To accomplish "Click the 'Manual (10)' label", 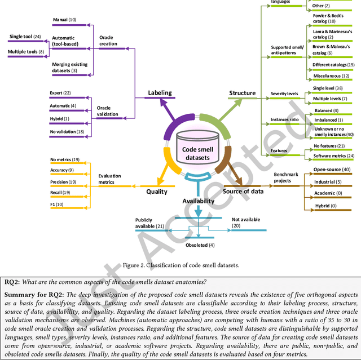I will point(64,20).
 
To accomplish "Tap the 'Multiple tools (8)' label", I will point(25,52).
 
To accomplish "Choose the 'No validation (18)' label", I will point(67,132).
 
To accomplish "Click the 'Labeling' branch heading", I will point(160,92).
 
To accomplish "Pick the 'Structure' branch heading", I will point(242,92).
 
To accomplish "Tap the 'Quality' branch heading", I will point(157,192).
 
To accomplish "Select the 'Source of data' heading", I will point(245,192).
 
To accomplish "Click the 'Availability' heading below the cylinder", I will point(198,201).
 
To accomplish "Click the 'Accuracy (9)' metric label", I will point(62,170).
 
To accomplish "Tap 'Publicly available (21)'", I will point(149,223).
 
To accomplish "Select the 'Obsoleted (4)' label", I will point(200,245).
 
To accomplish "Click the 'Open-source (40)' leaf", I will point(332,170).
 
